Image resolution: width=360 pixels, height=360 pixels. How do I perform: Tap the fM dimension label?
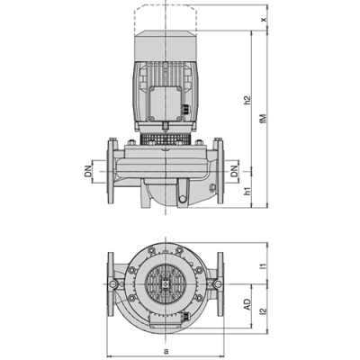264,116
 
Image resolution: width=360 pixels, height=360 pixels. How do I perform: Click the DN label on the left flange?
91,169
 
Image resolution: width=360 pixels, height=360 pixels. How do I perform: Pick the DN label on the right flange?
234,169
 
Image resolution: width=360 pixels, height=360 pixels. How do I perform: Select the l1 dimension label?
263,266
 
